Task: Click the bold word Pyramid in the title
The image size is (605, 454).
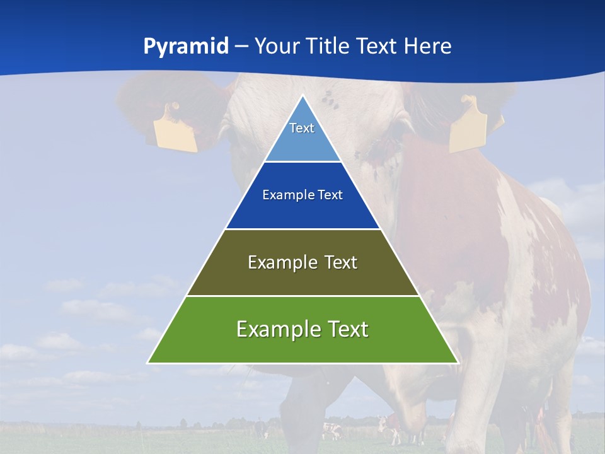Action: pyautogui.click(x=186, y=47)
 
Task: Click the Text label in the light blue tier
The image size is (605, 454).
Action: pyautogui.click(x=302, y=128)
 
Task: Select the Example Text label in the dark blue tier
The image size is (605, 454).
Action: pyautogui.click(x=302, y=195)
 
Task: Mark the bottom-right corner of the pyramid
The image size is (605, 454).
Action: pyautogui.click(x=458, y=363)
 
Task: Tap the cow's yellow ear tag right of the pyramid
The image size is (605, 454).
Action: pyautogui.click(x=470, y=125)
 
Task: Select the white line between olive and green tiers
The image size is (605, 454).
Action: pyautogui.click(x=302, y=296)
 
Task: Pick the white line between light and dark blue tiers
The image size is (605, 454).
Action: pyautogui.click(x=302, y=161)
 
